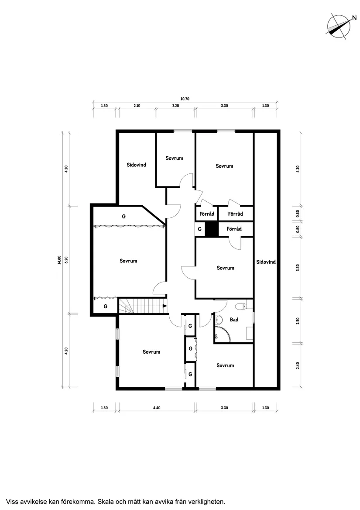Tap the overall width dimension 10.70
click(x=185, y=99)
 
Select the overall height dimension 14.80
click(x=59, y=260)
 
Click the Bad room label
click(x=234, y=320)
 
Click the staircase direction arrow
click(x=165, y=306)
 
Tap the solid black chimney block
click(x=212, y=229)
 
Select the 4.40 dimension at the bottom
click(x=157, y=407)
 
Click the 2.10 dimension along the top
click(x=137, y=106)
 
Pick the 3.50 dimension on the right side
click(x=298, y=268)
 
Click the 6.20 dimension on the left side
click(x=66, y=260)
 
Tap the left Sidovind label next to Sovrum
click(x=137, y=165)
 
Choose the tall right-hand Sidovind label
click(x=266, y=262)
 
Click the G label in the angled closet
click(x=124, y=216)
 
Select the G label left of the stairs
click(x=105, y=307)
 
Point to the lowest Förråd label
click(x=234, y=229)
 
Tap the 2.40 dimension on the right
click(x=298, y=365)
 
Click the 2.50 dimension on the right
click(x=298, y=321)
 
